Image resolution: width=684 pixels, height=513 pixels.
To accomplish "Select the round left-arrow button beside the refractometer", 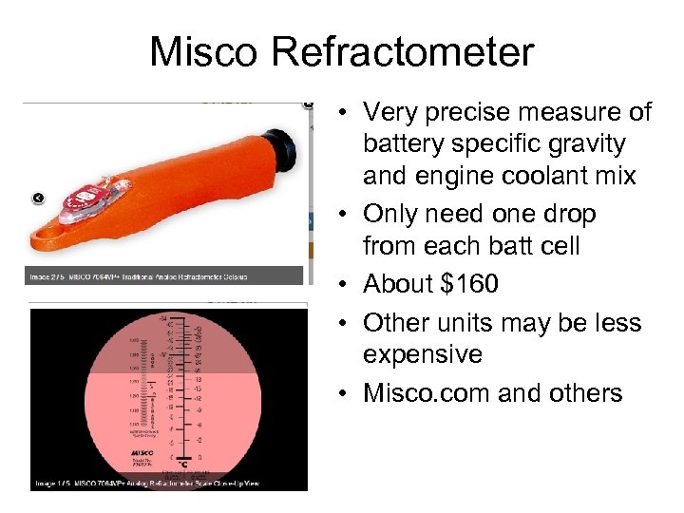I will coord(38,198).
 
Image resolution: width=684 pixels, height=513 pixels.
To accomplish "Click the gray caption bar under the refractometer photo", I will coord(164,276).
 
